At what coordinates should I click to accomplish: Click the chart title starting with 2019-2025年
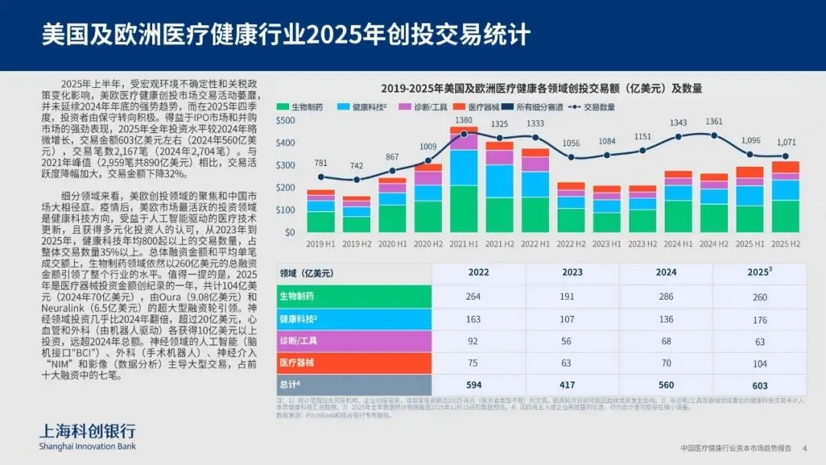(541, 89)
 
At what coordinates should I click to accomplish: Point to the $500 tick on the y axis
(285, 121)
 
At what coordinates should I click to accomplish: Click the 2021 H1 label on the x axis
(463, 243)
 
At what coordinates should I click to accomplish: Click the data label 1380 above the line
(463, 121)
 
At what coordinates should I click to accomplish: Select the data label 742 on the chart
(356, 166)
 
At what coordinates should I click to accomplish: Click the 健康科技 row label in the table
(300, 318)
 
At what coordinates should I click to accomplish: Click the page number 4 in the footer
(804, 448)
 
